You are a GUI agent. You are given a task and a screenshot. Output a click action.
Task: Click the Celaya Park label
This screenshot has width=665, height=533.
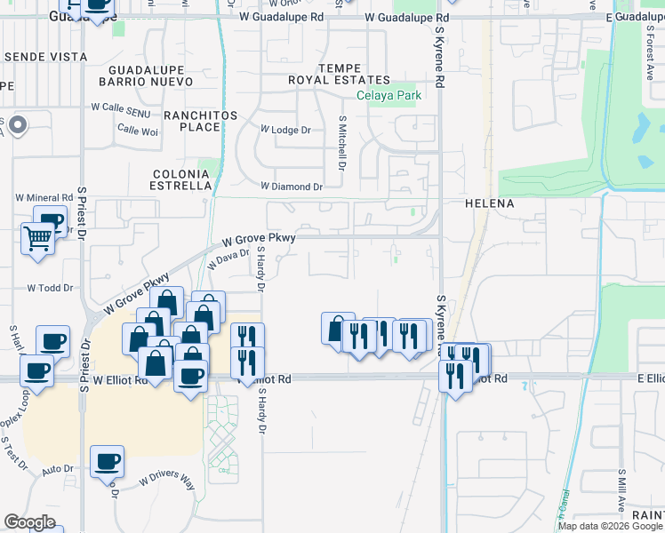tap(389, 96)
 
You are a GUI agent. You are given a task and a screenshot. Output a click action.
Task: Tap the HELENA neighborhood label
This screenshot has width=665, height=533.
tap(490, 203)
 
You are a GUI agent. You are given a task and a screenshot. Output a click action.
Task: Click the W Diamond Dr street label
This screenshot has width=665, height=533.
tap(291, 187)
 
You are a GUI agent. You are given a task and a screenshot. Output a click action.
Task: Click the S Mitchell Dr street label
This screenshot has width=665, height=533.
tap(341, 142)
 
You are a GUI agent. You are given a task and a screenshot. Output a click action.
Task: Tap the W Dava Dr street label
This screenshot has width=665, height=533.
tap(228, 259)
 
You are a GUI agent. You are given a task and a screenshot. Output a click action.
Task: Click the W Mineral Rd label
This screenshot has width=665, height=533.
tap(44, 197)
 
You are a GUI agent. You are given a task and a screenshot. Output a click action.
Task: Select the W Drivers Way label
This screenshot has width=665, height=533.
tap(166, 481)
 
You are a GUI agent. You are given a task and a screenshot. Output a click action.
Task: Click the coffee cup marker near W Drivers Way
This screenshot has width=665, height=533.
tap(107, 462)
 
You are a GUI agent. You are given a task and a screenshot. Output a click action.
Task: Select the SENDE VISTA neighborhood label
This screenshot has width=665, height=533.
tap(46, 56)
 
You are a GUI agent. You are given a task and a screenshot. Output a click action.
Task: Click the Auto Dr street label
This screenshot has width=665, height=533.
tap(57, 468)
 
